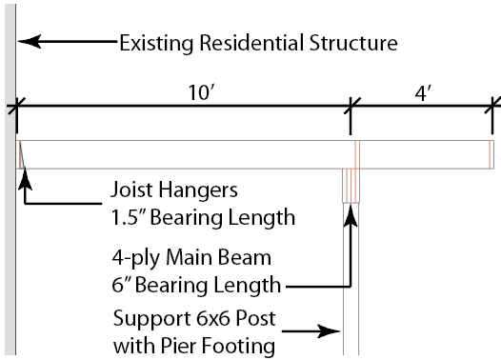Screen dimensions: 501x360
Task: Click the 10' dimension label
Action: [x=201, y=92]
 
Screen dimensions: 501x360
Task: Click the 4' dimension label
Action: [x=423, y=93]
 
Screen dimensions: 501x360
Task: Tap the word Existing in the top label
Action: [x=156, y=43]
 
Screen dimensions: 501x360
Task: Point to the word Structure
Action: [x=353, y=43]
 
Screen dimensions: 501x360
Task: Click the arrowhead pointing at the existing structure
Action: [x=30, y=42]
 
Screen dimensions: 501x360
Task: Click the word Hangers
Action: [x=198, y=190]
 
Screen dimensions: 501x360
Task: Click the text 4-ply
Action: [x=135, y=259]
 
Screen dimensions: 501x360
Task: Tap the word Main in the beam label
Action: [x=190, y=257]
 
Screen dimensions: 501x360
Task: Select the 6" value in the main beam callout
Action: [x=120, y=285]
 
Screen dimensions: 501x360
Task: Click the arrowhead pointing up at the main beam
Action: [x=351, y=215]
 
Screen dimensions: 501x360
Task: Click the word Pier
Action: [x=178, y=346]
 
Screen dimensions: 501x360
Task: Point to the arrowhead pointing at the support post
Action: [x=329, y=331]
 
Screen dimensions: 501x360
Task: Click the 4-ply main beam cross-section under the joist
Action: [x=351, y=186]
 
